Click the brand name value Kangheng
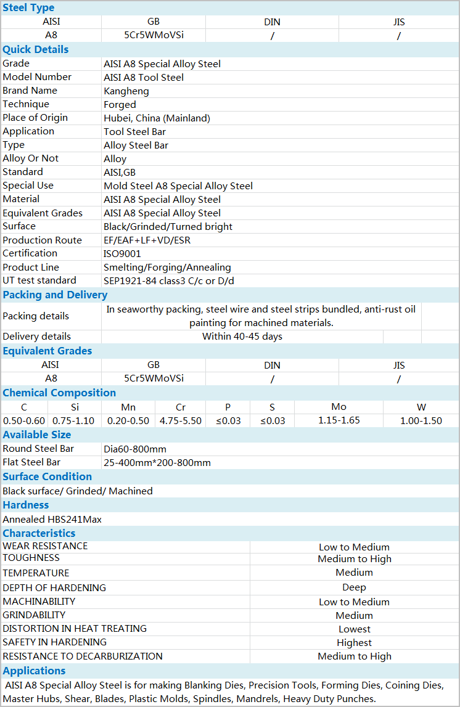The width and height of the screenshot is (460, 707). [x=126, y=91]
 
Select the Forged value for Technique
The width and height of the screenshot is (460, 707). [x=120, y=105]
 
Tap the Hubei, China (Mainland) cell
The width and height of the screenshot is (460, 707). [x=157, y=118]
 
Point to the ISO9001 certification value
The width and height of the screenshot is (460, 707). [x=122, y=254]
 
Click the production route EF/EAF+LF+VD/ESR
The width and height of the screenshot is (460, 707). [x=147, y=240]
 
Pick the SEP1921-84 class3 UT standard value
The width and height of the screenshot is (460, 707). [x=169, y=281]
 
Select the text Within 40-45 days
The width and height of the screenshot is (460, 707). [x=242, y=337]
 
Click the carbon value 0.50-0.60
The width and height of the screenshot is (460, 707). [x=24, y=421]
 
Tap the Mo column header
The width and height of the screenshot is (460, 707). [x=339, y=407]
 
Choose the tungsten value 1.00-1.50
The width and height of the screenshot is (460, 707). [x=421, y=421]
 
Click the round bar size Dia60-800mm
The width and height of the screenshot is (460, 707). [x=135, y=449]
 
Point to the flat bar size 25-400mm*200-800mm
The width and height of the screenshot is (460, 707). [x=157, y=463]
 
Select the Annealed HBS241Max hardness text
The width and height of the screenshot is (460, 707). [x=52, y=520]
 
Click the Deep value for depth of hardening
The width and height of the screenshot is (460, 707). [x=355, y=588]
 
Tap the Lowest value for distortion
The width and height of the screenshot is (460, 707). [x=355, y=629]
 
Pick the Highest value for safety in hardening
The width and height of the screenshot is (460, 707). [x=355, y=643]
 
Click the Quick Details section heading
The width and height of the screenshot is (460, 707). [x=36, y=50]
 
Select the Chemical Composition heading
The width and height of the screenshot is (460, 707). [x=59, y=393]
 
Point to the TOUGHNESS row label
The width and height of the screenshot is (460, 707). [x=31, y=558]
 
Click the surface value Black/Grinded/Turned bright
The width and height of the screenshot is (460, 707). [x=168, y=227]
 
